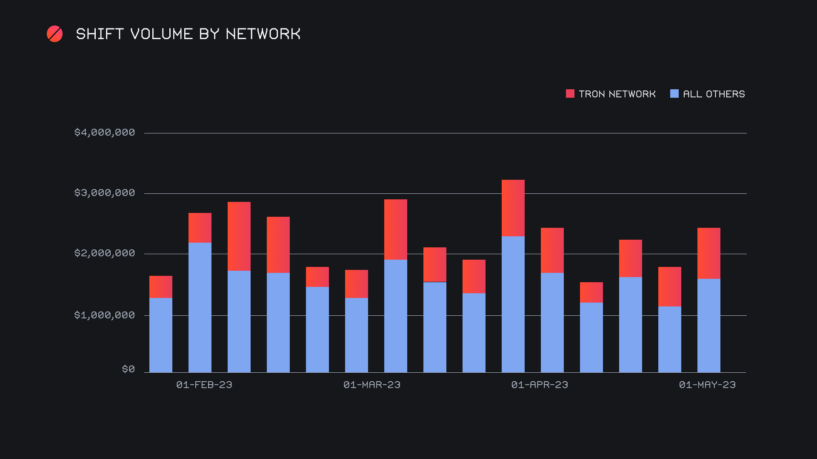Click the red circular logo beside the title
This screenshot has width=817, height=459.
click(x=54, y=34)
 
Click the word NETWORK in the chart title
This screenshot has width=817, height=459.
click(x=263, y=34)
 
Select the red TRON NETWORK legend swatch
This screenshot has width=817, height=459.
click(x=570, y=93)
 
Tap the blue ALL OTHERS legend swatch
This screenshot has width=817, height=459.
click(x=674, y=93)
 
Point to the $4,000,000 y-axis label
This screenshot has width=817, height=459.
click(x=105, y=133)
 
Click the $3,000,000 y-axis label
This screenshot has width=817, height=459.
click(x=105, y=193)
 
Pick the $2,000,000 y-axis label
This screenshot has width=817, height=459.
click(x=105, y=253)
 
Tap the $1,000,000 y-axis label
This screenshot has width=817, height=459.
click(x=105, y=315)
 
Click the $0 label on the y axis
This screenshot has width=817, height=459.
click(x=129, y=369)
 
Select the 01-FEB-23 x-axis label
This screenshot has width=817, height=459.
click(x=204, y=385)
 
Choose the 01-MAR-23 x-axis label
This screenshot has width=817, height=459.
click(x=372, y=385)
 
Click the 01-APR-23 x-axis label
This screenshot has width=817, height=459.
click(x=540, y=385)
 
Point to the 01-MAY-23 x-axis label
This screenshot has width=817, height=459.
click(x=707, y=385)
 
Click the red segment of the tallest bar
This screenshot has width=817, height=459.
click(x=513, y=208)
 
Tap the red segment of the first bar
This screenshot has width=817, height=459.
click(x=161, y=287)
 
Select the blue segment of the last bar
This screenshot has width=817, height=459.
click(x=709, y=326)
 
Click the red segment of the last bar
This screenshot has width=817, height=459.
click(x=709, y=253)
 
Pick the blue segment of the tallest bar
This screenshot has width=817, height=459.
click(x=513, y=304)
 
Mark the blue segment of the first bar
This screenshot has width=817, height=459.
click(x=161, y=335)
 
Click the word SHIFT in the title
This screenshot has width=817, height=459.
click(x=100, y=34)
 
